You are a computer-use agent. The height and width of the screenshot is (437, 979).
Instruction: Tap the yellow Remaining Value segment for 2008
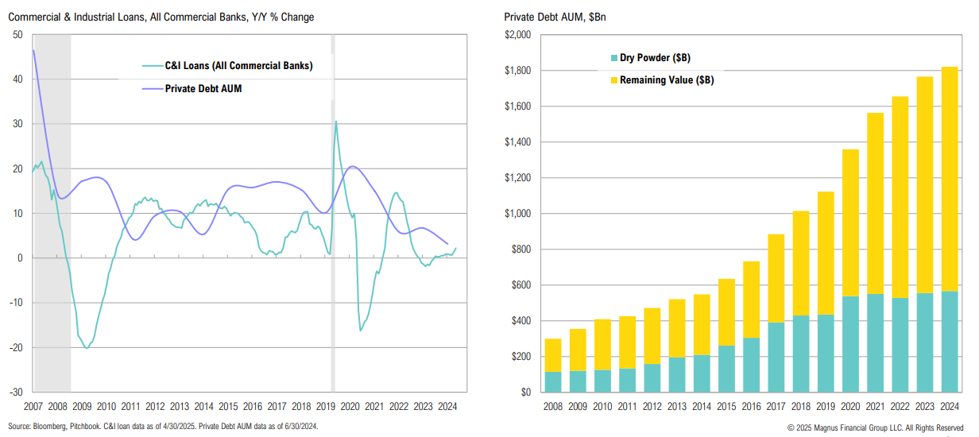coord(553,355)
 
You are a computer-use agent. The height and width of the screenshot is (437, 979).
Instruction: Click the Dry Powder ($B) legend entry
coord(648,58)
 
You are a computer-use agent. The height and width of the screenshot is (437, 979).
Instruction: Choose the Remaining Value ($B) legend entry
coord(660,79)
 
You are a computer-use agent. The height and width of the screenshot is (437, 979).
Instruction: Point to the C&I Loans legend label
coord(238,66)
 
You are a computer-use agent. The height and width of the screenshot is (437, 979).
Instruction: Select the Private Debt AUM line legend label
coord(203,88)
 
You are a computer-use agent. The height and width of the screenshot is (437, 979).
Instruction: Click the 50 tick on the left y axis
coord(17,35)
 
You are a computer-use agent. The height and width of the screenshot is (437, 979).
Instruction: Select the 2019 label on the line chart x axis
coord(326,405)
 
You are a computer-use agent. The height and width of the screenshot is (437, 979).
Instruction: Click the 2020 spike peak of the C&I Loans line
coord(336,122)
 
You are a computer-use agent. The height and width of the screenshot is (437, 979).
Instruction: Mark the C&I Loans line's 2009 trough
coord(87,348)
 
